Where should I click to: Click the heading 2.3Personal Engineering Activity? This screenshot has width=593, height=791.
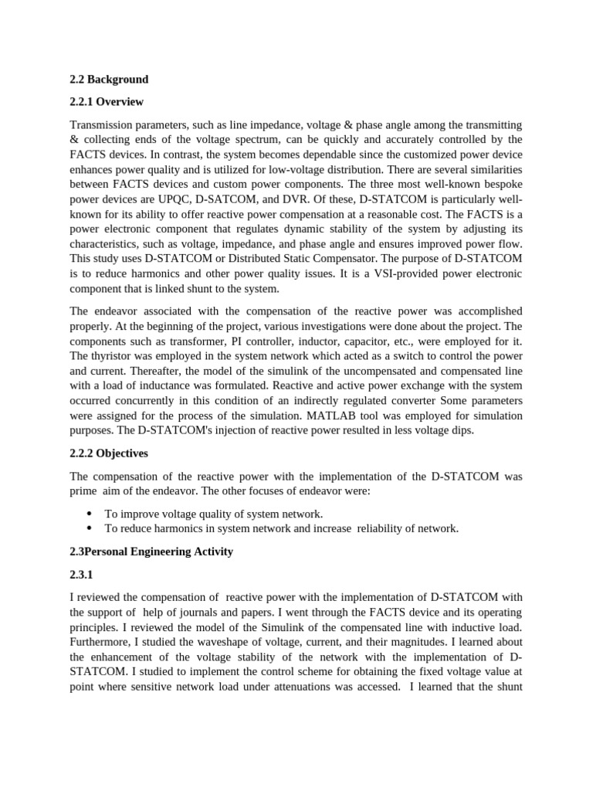pos(151,552)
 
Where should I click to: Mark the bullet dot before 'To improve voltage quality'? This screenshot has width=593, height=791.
pos(90,514)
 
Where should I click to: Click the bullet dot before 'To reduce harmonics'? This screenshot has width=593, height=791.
pos(90,528)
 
